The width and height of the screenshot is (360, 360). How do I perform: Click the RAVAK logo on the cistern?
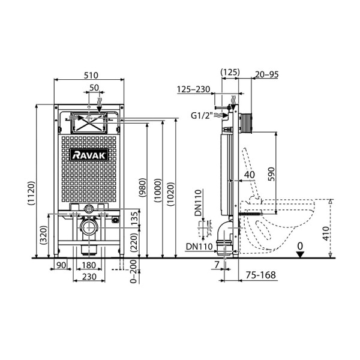click(89, 155)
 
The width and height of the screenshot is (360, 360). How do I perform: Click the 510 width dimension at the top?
click(91, 76)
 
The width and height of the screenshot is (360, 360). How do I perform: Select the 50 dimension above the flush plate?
click(94, 88)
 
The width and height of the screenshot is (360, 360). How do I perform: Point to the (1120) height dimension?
click(31, 193)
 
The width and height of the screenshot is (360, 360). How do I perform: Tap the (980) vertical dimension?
click(142, 187)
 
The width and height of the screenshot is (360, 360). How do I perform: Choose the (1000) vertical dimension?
click(158, 190)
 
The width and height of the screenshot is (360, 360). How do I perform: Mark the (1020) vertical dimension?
click(171, 194)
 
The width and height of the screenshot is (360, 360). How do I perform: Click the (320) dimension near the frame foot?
click(44, 235)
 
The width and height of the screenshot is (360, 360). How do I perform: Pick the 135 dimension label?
click(134, 218)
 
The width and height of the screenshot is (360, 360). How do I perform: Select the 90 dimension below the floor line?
click(61, 265)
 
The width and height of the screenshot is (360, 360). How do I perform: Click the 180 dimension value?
click(89, 265)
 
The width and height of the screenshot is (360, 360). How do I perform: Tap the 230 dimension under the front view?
click(89, 277)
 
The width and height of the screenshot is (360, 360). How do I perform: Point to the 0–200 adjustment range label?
click(133, 272)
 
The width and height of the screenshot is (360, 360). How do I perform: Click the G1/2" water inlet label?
click(200, 115)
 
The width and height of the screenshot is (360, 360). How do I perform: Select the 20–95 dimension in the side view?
click(267, 74)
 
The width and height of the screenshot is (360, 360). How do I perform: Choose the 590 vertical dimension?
click(271, 174)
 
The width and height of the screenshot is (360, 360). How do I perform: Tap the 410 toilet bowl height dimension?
click(326, 233)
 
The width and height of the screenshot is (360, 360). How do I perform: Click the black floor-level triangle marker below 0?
click(300, 254)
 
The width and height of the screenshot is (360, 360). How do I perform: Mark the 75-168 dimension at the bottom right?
click(261, 275)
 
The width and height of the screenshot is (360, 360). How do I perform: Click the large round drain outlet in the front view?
click(89, 227)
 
